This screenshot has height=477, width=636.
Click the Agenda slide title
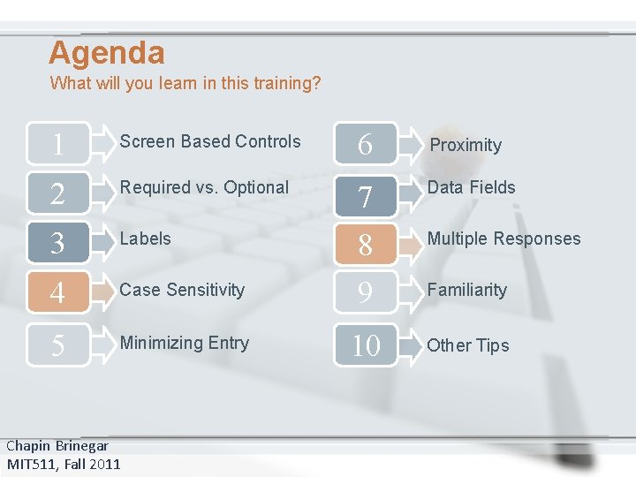pyautogui.click(x=107, y=53)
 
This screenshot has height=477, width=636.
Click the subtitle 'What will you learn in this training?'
pyautogui.click(x=185, y=84)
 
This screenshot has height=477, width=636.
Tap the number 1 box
pyautogui.click(x=58, y=143)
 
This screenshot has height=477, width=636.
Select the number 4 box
pyautogui.click(x=58, y=292)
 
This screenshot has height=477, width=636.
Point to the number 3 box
pyautogui.click(x=58, y=243)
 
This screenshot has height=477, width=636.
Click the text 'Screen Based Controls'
pyautogui.click(x=210, y=141)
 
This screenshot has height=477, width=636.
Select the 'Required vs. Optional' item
pyautogui.click(x=204, y=187)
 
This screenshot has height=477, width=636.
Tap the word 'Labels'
pyautogui.click(x=146, y=238)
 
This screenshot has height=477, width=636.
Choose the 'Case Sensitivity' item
pyautogui.click(x=182, y=290)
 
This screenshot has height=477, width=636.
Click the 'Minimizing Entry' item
pyautogui.click(x=185, y=343)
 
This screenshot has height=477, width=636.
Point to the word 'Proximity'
pyautogui.click(x=466, y=145)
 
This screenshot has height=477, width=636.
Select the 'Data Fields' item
pyautogui.click(x=471, y=187)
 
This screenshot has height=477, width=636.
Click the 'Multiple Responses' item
pyautogui.click(x=503, y=238)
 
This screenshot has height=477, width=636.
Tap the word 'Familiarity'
pyautogui.click(x=466, y=290)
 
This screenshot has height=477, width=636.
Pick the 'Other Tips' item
pyautogui.click(x=468, y=345)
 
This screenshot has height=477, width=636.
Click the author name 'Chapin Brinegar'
pyautogui.click(x=57, y=446)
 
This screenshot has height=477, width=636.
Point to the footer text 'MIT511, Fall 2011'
pyautogui.click(x=64, y=464)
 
